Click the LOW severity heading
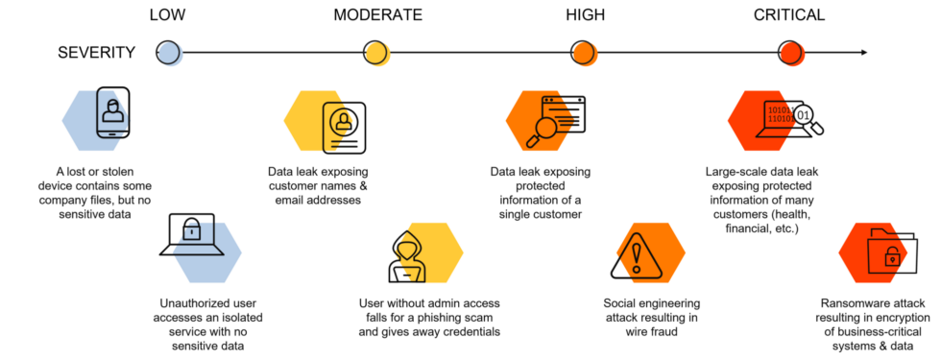click(167, 14)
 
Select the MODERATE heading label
click(377, 14)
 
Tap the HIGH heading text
click(585, 14)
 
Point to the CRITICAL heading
click(789, 14)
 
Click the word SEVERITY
click(97, 53)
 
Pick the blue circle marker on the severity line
click(168, 53)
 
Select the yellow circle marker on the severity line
click(375, 53)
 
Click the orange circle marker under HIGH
click(584, 53)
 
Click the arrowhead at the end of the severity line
click(865, 53)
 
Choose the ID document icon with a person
click(344, 127)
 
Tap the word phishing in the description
click(449, 318)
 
